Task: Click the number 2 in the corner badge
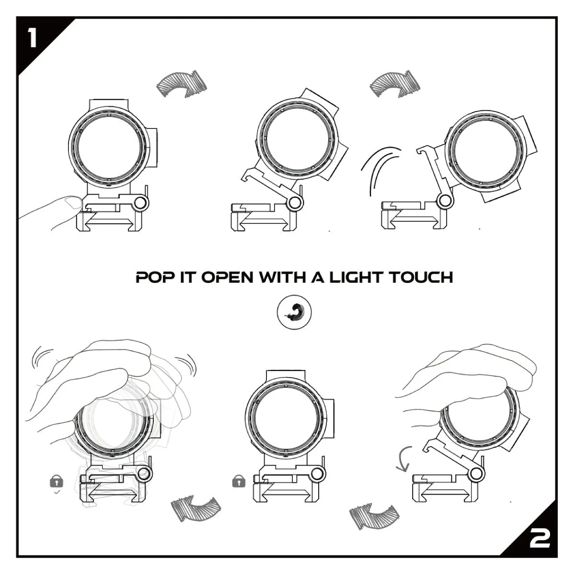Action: tap(540, 539)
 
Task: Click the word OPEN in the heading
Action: tap(227, 277)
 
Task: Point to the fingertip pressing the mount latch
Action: tap(72, 203)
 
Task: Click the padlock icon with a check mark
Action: tap(57, 481)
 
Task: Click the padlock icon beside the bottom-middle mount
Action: tap(238, 481)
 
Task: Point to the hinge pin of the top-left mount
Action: tap(141, 203)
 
